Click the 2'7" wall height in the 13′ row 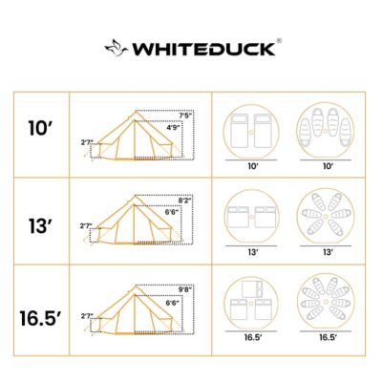pyautogui.click(x=87, y=226)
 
